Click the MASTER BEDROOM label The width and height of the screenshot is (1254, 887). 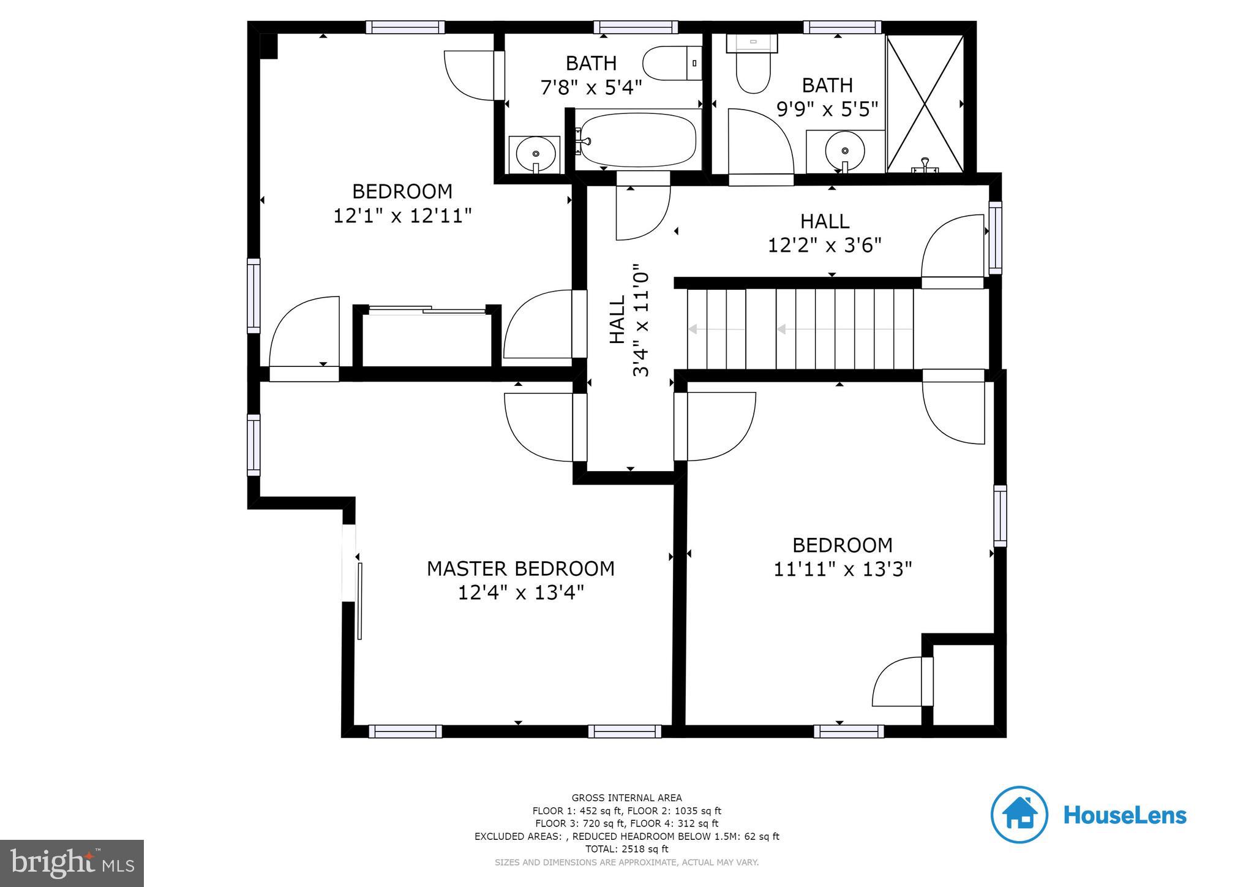tap(520, 568)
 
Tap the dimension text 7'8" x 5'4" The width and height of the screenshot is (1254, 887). tap(591, 88)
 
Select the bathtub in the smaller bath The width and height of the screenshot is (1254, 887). tap(637, 140)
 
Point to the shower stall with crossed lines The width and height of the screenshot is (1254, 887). tap(925, 103)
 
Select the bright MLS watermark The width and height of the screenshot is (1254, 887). tap(72, 863)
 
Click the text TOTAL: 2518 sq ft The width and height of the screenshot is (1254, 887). tap(626, 849)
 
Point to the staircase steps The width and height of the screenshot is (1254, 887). tap(800, 329)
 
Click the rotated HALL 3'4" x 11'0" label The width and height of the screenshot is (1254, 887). tap(629, 320)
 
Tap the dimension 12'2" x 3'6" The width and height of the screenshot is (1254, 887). tap(824, 245)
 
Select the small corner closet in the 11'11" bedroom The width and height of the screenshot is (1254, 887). tap(963, 684)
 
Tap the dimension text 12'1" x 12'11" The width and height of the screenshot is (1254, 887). tap(402, 216)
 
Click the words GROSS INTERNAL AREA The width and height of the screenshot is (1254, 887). tap(626, 798)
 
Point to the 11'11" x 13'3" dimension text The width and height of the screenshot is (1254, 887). tap(843, 570)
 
